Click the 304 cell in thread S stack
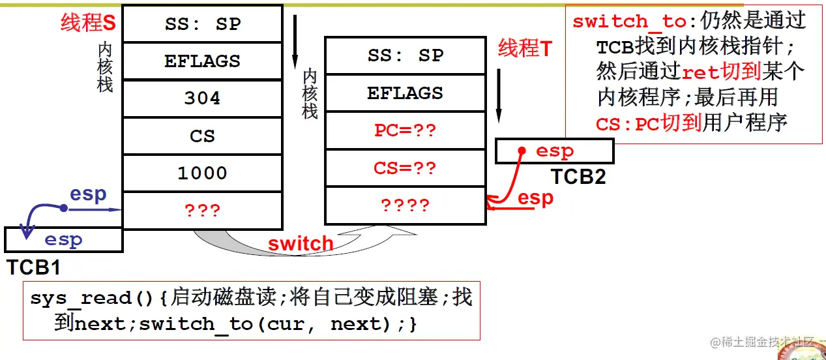click(x=202, y=98)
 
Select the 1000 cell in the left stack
click(x=202, y=173)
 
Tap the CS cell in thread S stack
click(x=202, y=136)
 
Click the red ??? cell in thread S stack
click(x=202, y=211)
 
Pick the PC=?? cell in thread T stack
click(x=405, y=130)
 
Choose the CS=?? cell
click(x=405, y=168)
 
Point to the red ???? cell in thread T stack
click(x=405, y=205)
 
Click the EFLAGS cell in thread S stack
click(x=202, y=61)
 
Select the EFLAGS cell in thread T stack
click(x=405, y=93)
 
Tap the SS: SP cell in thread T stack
click(x=405, y=55)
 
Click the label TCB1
click(x=34, y=267)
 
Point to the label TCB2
click(x=578, y=176)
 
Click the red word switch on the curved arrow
click(x=301, y=245)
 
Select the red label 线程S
click(x=88, y=23)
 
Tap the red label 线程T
click(x=525, y=48)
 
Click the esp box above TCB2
click(x=554, y=151)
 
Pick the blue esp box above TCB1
click(x=63, y=240)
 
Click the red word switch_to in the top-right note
click(x=629, y=22)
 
